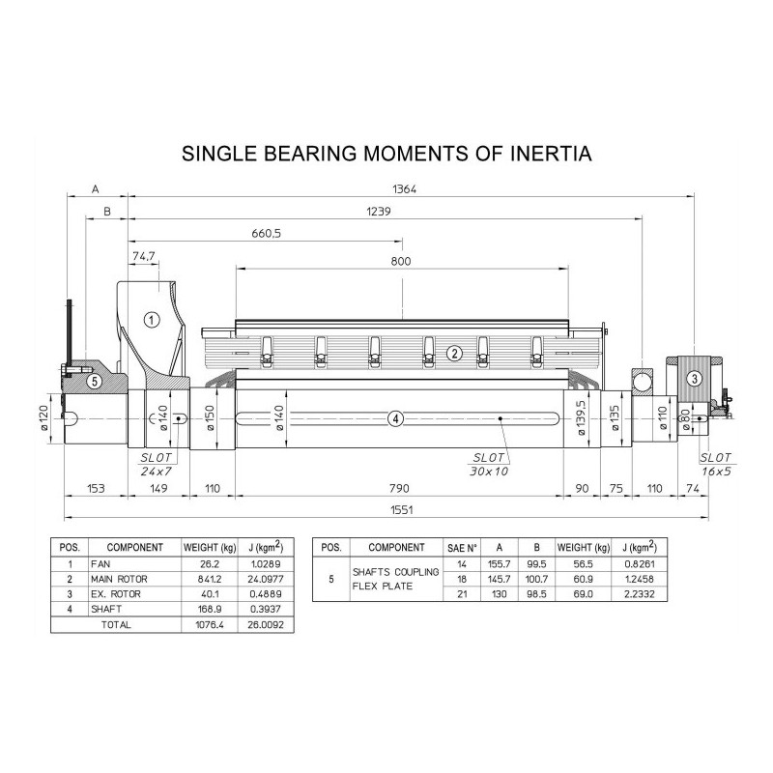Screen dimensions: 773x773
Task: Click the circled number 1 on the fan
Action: pos(152,321)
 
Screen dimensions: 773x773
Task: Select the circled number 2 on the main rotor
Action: pos(454,353)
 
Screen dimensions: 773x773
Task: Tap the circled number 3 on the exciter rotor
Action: pos(695,379)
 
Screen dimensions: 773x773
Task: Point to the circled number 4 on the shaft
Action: pos(396,419)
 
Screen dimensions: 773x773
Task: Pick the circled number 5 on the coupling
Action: pos(95,381)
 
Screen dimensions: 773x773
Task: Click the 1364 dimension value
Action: pos(404,188)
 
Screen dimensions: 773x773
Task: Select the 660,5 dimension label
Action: pos(267,233)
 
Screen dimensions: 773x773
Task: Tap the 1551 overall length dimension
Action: pos(402,510)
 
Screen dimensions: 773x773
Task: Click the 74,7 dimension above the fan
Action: pos(143,256)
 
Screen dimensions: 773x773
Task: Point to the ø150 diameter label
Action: pos(210,418)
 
